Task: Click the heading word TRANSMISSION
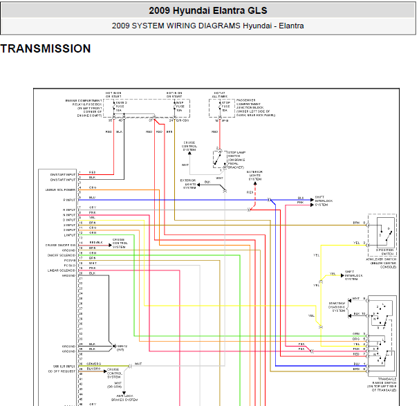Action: (x=46, y=49)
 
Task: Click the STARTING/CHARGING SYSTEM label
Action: (x=339, y=306)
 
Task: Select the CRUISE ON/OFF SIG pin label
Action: (x=61, y=245)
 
